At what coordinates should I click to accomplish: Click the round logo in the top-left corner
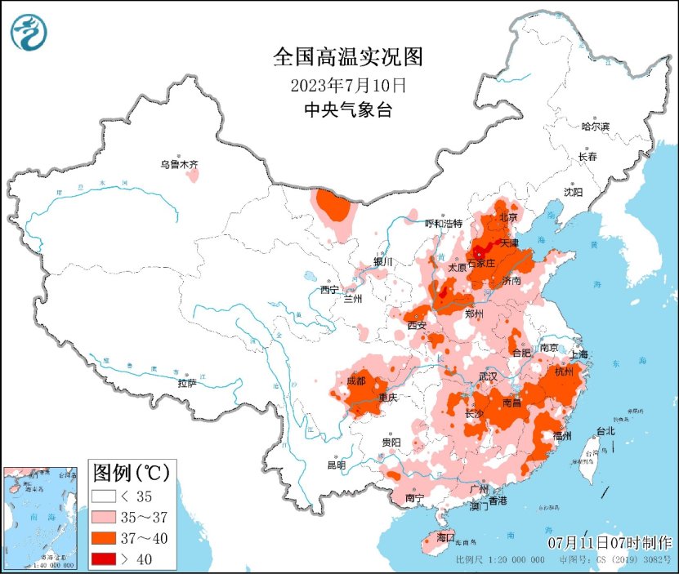click(29, 32)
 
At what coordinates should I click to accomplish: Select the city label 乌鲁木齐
click(179, 165)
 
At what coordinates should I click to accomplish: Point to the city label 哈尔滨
click(595, 127)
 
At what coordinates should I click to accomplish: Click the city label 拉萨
click(187, 382)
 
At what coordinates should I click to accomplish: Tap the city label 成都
click(355, 380)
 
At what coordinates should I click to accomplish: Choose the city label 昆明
click(336, 465)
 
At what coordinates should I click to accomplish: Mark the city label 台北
click(605, 431)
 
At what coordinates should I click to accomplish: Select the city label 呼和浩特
click(444, 224)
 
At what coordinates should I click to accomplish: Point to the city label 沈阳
click(573, 192)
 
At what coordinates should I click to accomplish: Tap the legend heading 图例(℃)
click(131, 472)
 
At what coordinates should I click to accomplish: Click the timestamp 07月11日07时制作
click(610, 543)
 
